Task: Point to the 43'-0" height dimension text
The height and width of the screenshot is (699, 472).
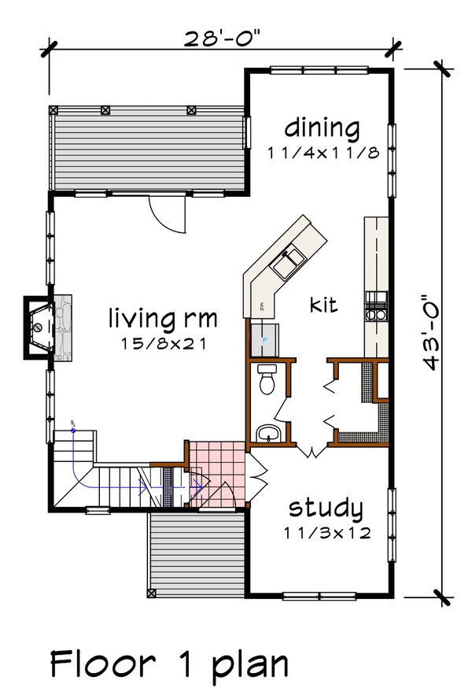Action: [x=430, y=332]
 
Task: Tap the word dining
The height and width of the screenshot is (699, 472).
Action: [x=322, y=127]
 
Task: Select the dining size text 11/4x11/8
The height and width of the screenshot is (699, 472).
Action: [x=322, y=153]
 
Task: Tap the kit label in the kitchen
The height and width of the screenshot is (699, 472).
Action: [x=323, y=304]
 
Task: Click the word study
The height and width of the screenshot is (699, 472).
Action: [x=325, y=508]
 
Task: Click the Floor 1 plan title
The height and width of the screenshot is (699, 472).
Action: [x=169, y=664]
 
